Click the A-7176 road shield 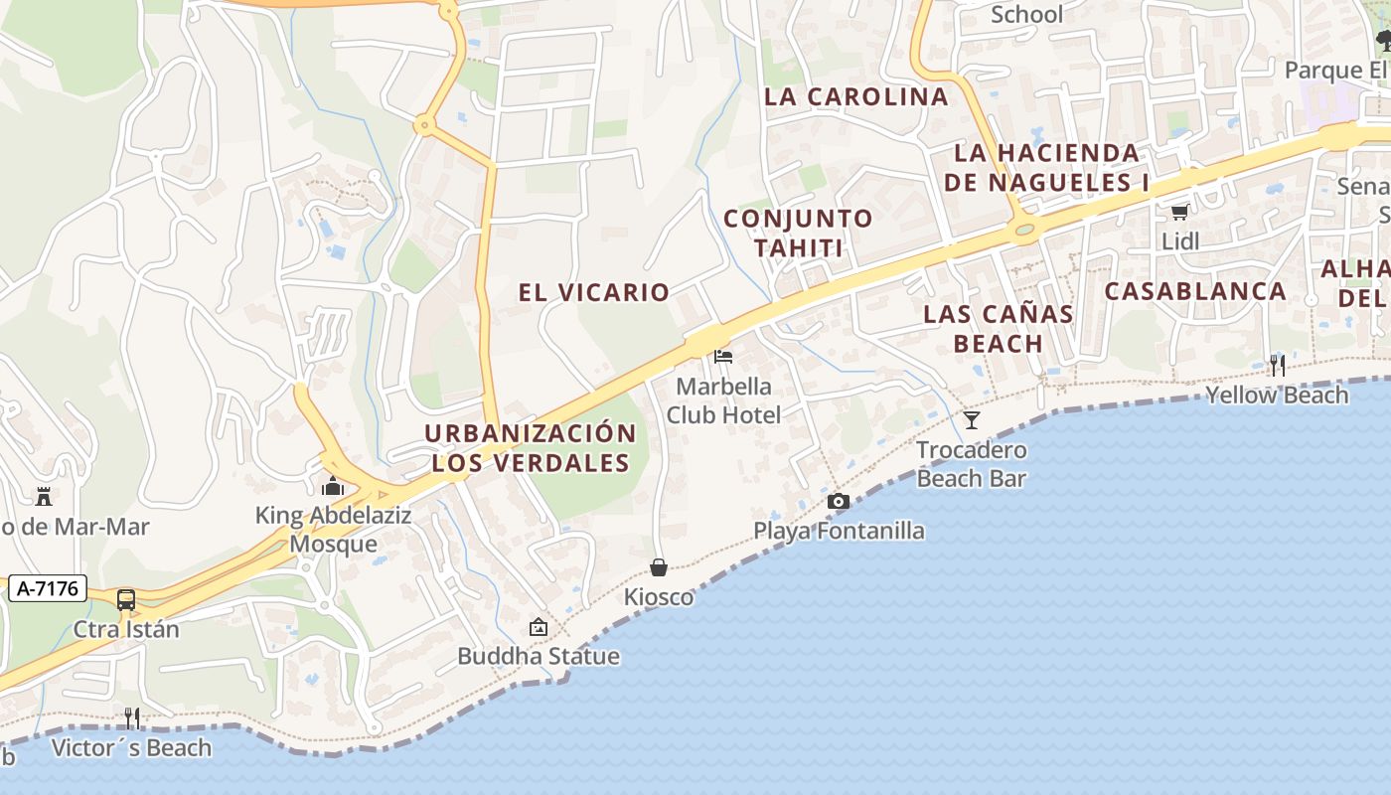[x=49, y=588]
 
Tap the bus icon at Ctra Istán [x=126, y=600]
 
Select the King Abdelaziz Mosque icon [x=333, y=486]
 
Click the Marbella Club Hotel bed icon [x=723, y=356]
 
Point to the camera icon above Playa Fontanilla [x=839, y=501]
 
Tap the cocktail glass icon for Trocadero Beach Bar [x=972, y=420]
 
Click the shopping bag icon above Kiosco [x=658, y=567]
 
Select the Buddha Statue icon [x=539, y=627]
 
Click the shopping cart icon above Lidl [x=1180, y=212]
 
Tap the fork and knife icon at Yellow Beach [x=1277, y=365]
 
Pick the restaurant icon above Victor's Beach [x=131, y=717]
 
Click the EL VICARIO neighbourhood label [x=594, y=292]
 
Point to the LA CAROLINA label [x=856, y=96]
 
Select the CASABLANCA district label [x=1195, y=291]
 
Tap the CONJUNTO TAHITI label [x=798, y=233]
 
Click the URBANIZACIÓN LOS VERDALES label [x=531, y=448]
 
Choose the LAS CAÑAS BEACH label [x=998, y=329]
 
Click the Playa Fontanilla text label [x=839, y=531]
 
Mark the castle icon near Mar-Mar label [x=44, y=496]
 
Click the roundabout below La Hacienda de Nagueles [x=1024, y=230]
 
